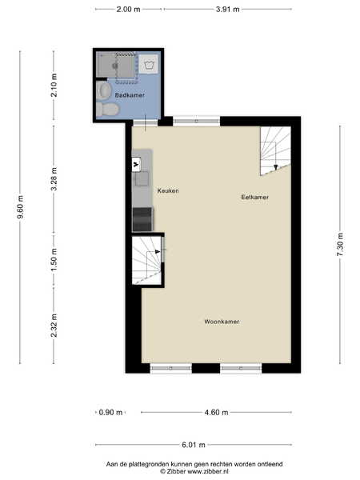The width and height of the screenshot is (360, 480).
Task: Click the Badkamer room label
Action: (x=130, y=95)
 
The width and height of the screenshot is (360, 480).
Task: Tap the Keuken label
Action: (x=168, y=190)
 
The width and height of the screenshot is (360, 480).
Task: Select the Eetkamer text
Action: (x=254, y=197)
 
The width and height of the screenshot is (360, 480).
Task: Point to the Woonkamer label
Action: (x=222, y=322)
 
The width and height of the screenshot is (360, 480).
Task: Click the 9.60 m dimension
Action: (x=21, y=207)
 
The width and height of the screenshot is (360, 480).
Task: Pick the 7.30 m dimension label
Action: (x=340, y=245)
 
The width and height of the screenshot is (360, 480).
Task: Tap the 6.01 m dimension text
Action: (x=194, y=445)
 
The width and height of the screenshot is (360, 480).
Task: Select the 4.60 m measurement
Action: (x=216, y=412)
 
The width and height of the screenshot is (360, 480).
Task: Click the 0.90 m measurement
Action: (x=110, y=412)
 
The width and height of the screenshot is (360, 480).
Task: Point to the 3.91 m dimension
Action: (x=227, y=9)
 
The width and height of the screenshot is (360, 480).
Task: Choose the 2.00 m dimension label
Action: (x=128, y=9)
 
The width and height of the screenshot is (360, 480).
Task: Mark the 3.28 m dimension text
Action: (x=54, y=179)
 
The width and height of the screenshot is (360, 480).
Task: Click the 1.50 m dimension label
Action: (x=54, y=259)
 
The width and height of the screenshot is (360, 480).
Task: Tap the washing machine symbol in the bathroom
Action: (x=149, y=64)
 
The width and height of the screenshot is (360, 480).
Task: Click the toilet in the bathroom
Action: (x=107, y=110)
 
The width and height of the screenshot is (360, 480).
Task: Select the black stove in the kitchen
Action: (x=142, y=219)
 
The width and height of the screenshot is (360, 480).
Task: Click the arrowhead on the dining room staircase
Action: (x=275, y=167)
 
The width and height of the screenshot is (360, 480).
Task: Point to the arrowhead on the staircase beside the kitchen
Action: (x=158, y=252)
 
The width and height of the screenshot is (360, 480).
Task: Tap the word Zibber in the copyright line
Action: (x=176, y=471)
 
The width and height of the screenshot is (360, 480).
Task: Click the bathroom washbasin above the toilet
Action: (x=103, y=90)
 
